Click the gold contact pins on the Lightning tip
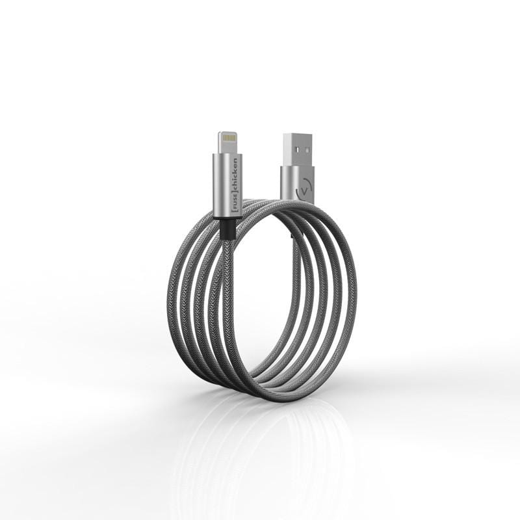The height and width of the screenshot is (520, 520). [x=229, y=137]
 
